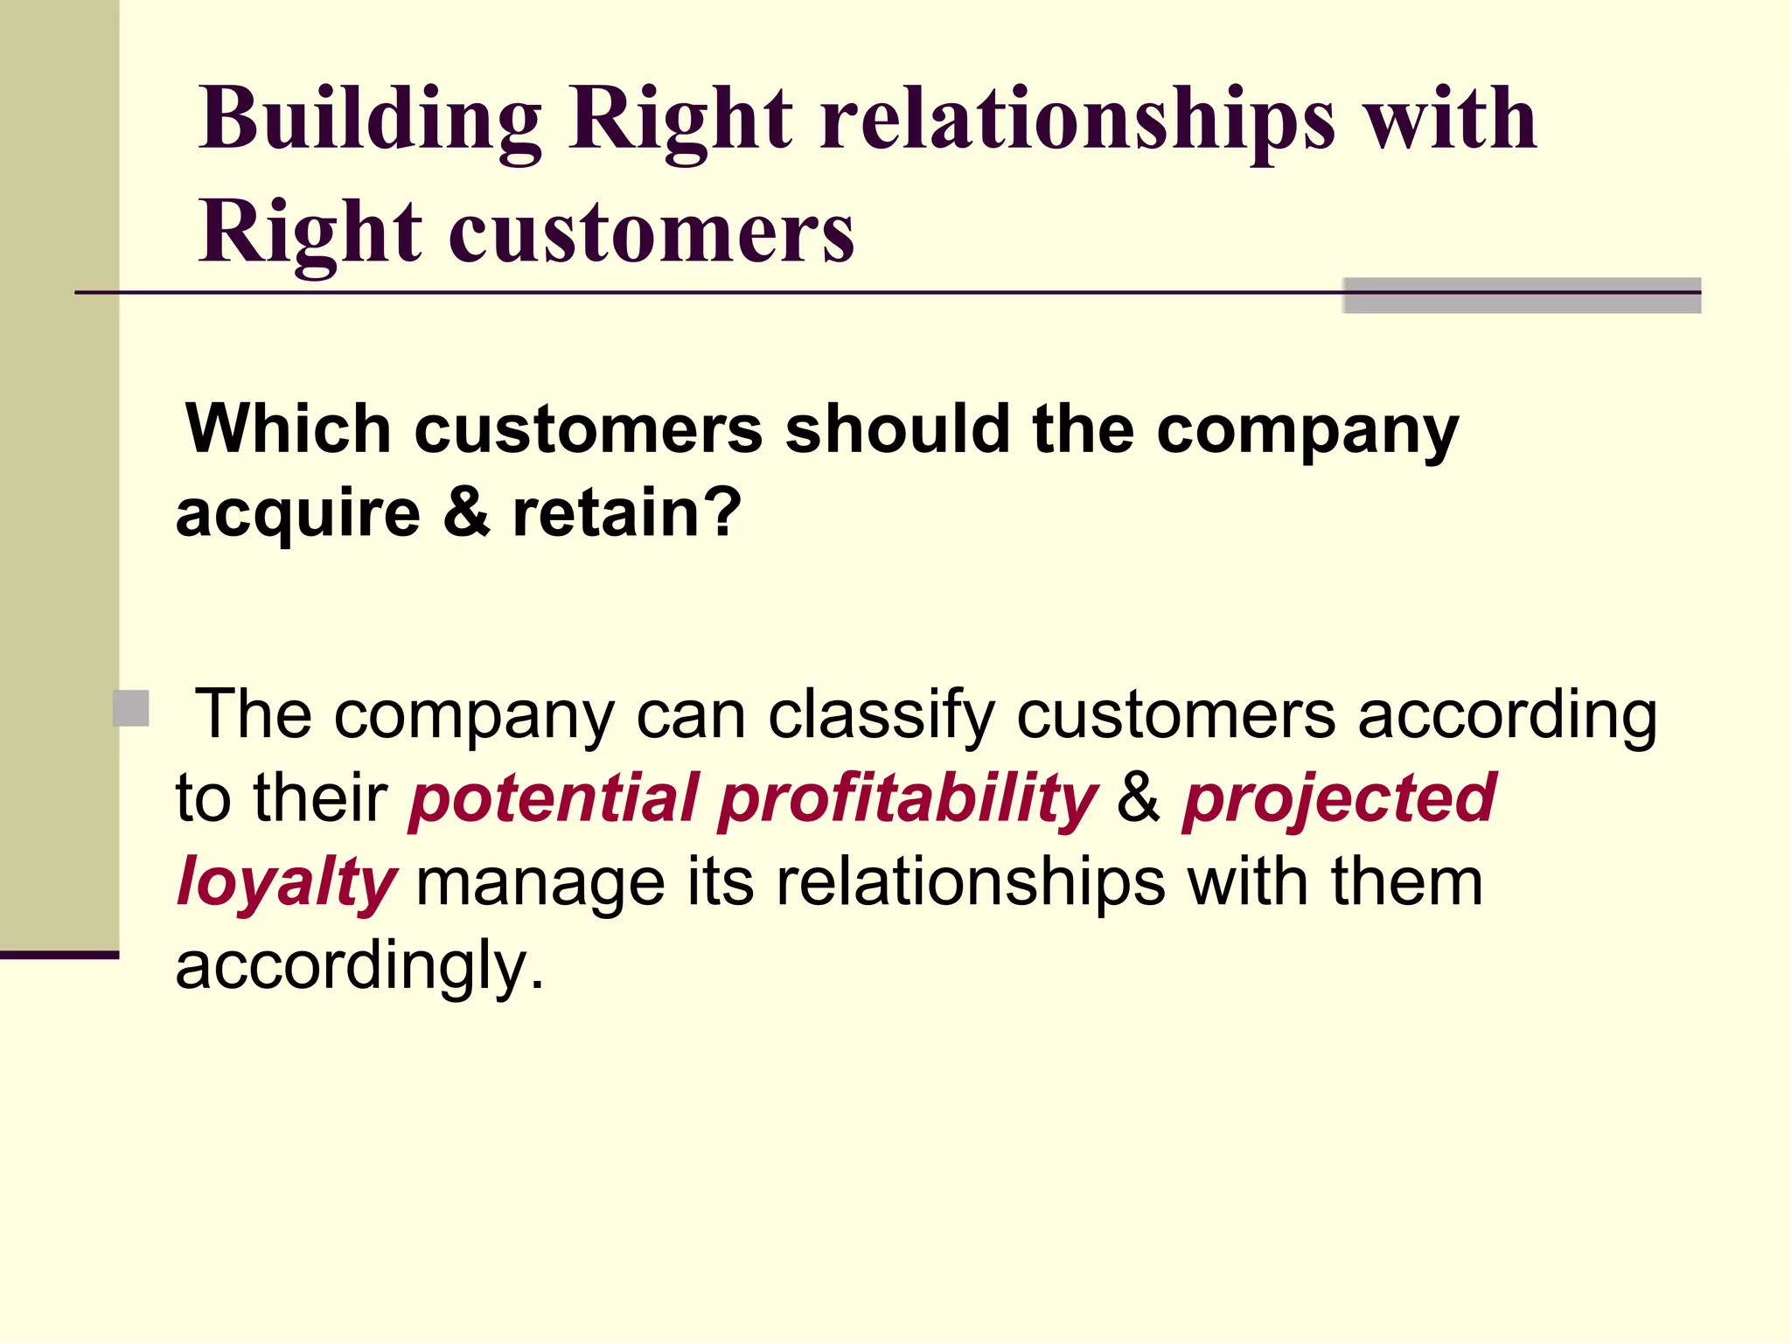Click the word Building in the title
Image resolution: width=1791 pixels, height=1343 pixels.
(370, 120)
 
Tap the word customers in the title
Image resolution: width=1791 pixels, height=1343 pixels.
(652, 233)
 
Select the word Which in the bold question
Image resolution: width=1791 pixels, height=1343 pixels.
(288, 429)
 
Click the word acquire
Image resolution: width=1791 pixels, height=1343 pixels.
(298, 514)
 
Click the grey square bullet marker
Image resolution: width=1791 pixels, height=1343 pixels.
(131, 708)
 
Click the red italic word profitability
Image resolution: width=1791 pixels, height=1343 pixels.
(908, 799)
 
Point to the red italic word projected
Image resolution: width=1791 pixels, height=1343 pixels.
(1338, 797)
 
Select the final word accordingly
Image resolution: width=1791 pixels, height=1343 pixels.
(359, 967)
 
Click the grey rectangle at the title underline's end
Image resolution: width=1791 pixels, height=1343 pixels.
(1522, 296)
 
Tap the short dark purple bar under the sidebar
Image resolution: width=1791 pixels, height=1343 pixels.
(59, 955)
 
